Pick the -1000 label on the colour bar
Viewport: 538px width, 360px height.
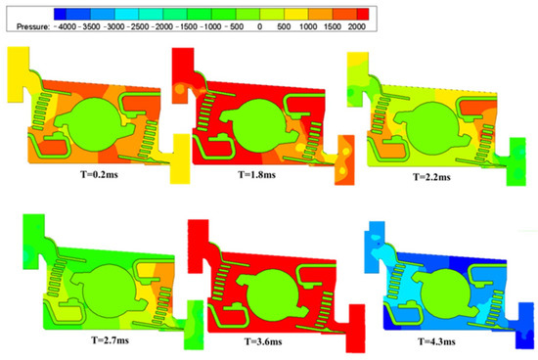[x=236, y=28]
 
